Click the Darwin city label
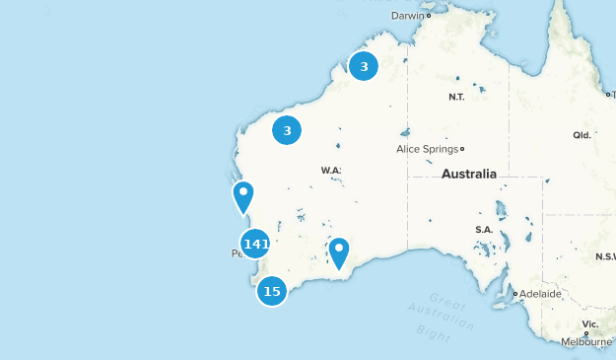(406, 16)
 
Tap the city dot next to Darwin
(429, 16)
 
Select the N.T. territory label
(456, 97)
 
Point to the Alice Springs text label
(426, 149)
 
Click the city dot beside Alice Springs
(462, 149)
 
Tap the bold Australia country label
(469, 174)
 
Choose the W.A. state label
(330, 171)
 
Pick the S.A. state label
(484, 229)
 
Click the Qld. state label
(581, 135)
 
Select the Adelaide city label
(540, 294)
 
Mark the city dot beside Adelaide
(514, 293)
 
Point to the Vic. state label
(589, 324)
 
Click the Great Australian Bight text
(441, 316)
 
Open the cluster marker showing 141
(255, 244)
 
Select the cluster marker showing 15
(272, 291)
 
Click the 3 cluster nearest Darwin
(364, 67)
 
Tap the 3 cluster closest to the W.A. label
(287, 130)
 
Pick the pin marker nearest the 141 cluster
(242, 196)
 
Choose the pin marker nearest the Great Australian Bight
(339, 252)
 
